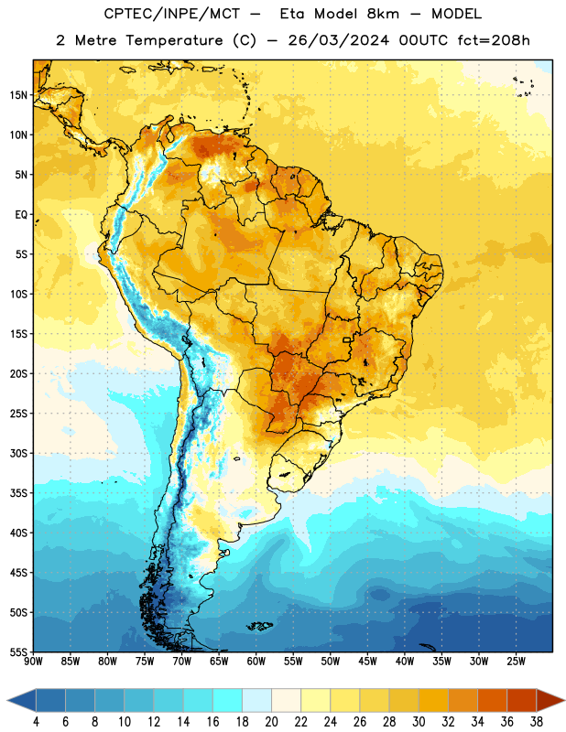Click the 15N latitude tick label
[18, 95]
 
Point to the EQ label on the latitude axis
[21, 215]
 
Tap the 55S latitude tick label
[18, 652]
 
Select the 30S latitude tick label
[18, 453]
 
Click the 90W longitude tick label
[33, 662]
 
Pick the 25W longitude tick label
[516, 662]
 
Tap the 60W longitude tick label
[256, 662]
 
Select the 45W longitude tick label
[367, 662]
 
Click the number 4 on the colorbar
[36, 722]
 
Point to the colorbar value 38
[537, 722]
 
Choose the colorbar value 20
[271, 722]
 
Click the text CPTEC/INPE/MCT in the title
[172, 14]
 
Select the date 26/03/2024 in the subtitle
[339, 40]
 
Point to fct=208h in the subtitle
[494, 40]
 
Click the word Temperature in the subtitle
[174, 41]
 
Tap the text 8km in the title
[383, 14]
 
